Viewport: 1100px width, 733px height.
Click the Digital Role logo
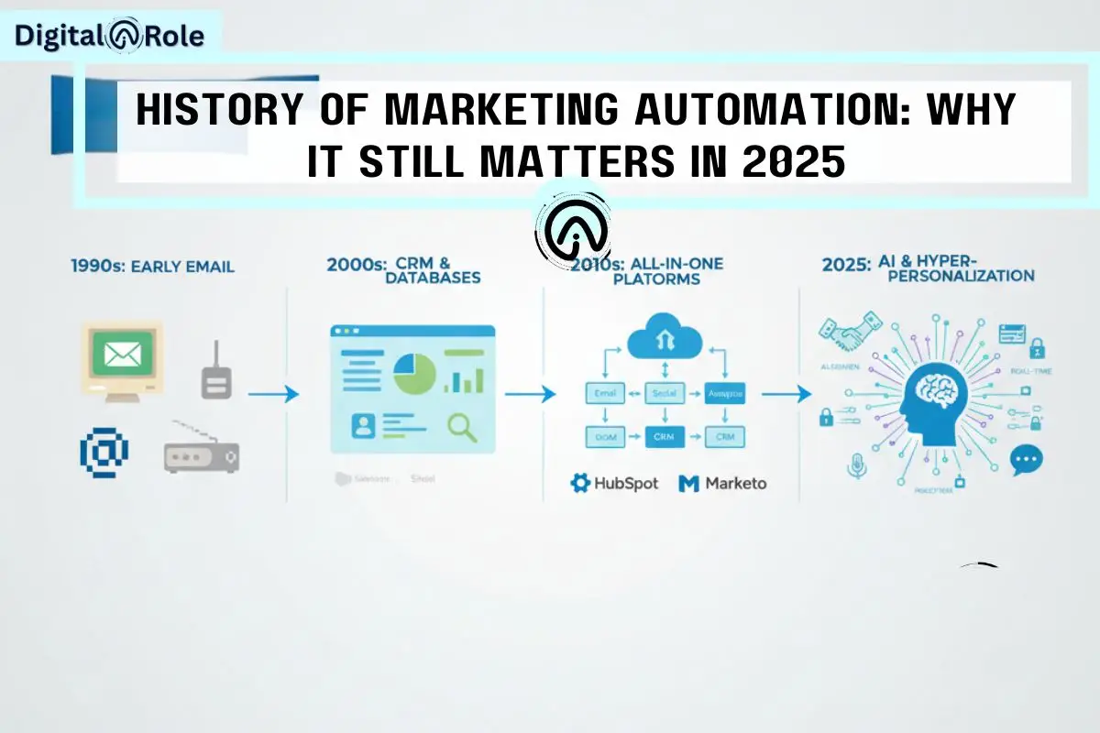point(110,37)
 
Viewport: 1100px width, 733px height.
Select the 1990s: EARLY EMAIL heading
point(152,267)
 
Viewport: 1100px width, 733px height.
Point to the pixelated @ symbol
point(104,450)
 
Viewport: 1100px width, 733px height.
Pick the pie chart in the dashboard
point(414,375)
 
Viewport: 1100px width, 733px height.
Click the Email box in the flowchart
point(605,394)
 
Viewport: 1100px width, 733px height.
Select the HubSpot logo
point(614,482)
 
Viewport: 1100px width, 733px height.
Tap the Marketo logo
point(723,482)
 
